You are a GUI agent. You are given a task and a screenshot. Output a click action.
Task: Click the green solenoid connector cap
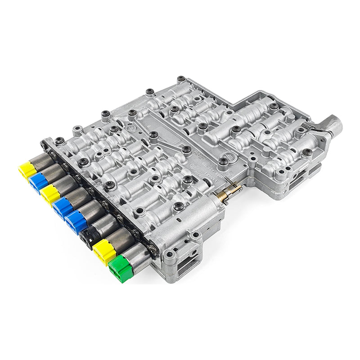tap(119, 269)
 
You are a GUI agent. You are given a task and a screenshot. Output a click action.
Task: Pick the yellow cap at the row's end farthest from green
tap(27, 169)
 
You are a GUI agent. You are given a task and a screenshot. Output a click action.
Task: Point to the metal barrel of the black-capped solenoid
tap(107, 224)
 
